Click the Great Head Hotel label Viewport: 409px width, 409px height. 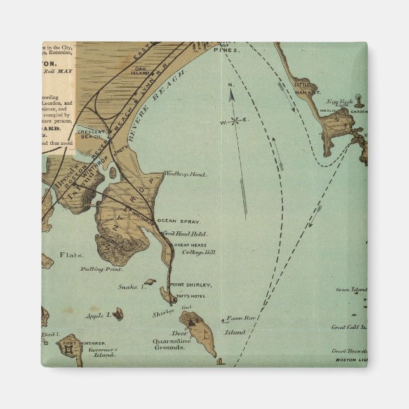[182, 234]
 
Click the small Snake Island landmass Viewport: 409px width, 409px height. [149, 282]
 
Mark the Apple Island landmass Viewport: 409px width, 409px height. [119, 313]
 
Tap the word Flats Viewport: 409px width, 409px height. [71, 255]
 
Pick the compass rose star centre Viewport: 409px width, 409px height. [235, 120]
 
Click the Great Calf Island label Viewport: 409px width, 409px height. [349, 327]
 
